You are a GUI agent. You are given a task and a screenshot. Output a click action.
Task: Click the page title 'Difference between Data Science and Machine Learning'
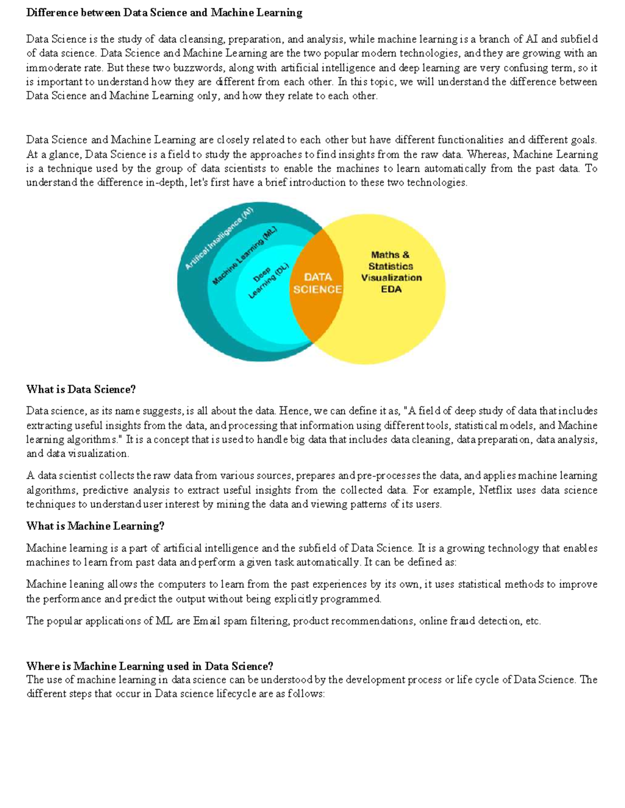(164, 12)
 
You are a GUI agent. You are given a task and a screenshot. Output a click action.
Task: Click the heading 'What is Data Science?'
(81, 389)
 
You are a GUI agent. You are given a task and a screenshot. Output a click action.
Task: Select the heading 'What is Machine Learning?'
(95, 526)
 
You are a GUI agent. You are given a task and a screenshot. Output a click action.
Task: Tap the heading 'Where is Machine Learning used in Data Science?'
(149, 666)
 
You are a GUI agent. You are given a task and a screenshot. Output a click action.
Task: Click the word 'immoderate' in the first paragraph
(54, 68)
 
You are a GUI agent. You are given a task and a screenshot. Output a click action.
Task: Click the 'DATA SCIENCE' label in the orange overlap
(317, 283)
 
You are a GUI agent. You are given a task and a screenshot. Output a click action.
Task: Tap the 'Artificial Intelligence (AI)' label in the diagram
(219, 238)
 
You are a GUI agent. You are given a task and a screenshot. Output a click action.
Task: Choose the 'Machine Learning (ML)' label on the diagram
(244, 255)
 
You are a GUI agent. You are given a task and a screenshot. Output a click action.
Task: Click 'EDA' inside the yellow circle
(391, 289)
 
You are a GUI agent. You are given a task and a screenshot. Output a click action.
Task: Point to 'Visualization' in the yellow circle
(391, 278)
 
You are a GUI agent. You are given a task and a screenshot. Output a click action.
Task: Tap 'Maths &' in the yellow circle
(390, 255)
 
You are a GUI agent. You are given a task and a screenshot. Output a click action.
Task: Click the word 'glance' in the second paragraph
(62, 155)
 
